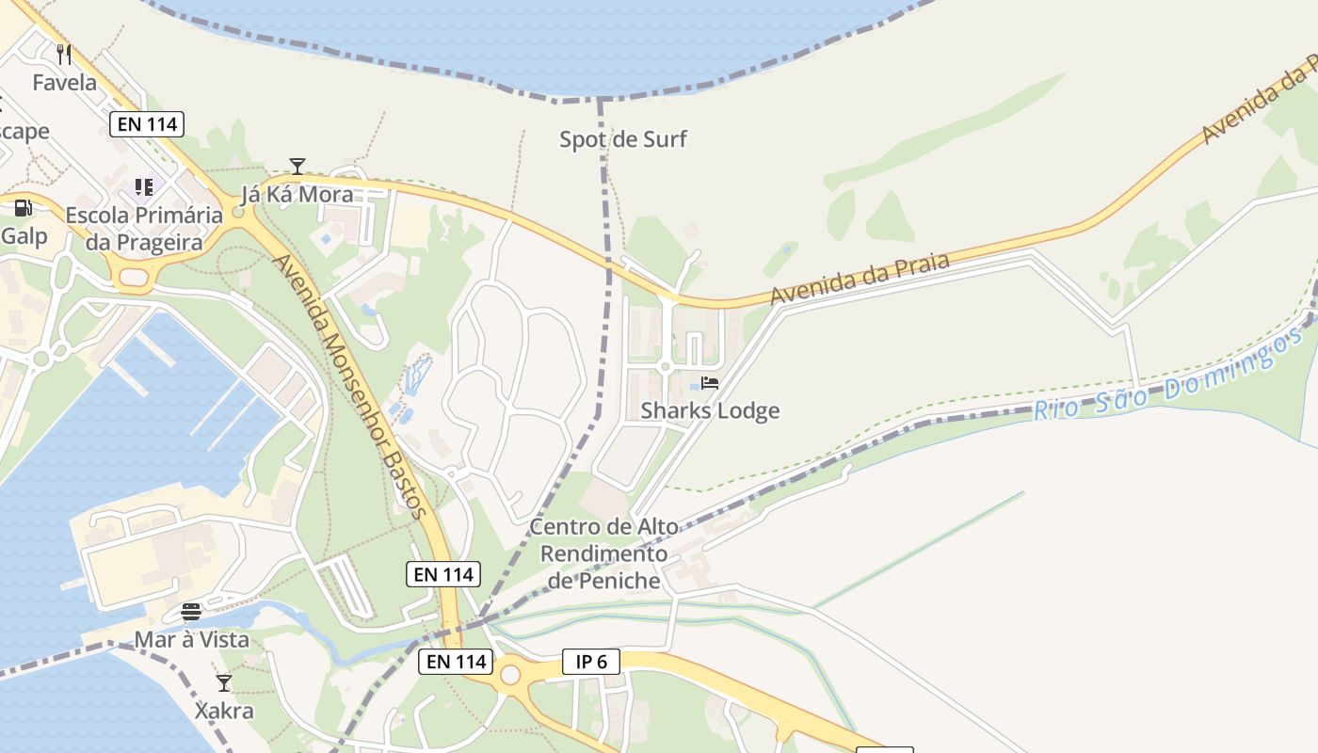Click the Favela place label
(x=64, y=83)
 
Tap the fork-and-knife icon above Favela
(x=64, y=54)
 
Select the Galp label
(x=24, y=235)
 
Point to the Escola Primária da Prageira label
(x=144, y=229)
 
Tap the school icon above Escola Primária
(x=143, y=187)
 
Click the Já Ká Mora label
(x=297, y=195)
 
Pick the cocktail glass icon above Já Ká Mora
(x=297, y=167)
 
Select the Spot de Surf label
(x=623, y=140)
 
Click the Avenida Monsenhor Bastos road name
(x=351, y=386)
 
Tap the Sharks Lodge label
(x=710, y=410)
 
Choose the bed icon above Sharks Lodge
(x=710, y=383)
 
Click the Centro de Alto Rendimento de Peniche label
(x=603, y=553)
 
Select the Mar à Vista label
(x=191, y=640)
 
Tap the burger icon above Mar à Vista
(x=191, y=613)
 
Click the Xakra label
(x=224, y=710)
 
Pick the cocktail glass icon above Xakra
(x=224, y=682)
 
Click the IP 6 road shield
(x=591, y=662)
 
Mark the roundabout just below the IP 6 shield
(x=510, y=675)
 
